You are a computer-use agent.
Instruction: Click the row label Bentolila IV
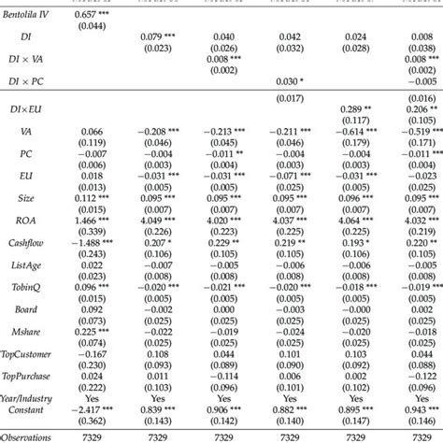pos(30,14)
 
